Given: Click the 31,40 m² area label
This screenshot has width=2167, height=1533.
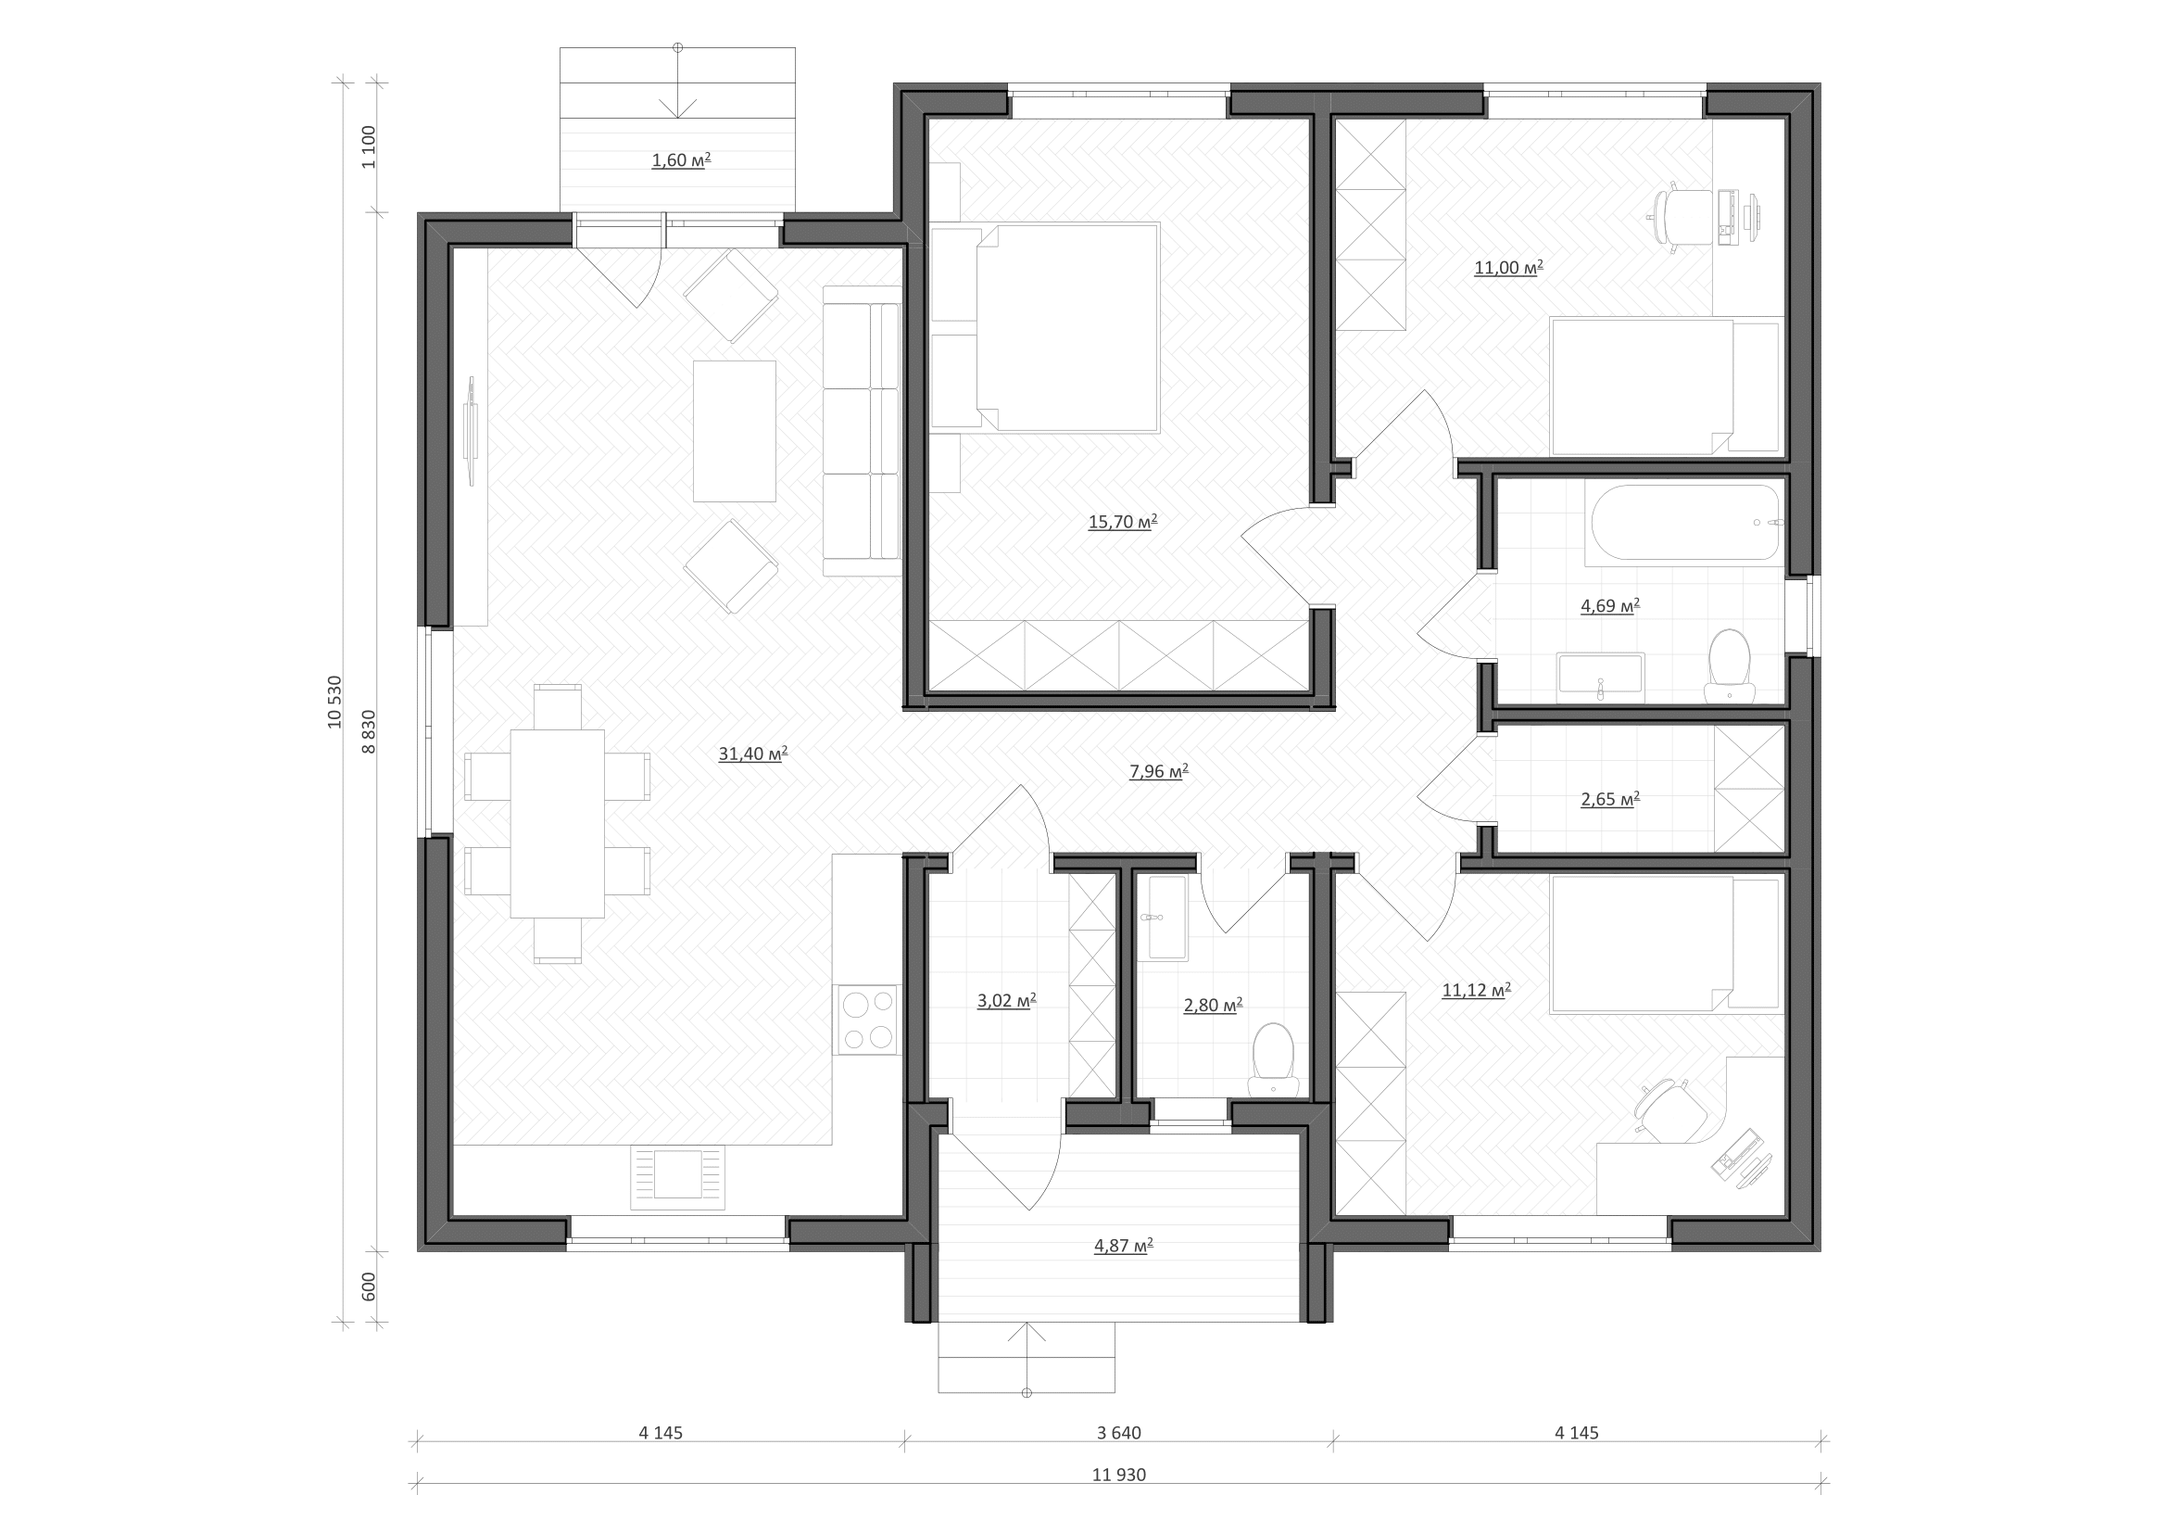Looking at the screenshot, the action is pos(753,754).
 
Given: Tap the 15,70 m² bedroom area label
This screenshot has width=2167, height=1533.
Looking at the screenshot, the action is pos(1123,521).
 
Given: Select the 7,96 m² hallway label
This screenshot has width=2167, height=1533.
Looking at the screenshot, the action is pos(1159,771).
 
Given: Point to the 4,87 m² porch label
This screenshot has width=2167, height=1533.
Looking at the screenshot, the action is pos(1124,1245).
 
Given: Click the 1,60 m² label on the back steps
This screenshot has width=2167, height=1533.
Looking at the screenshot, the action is pos(682,159).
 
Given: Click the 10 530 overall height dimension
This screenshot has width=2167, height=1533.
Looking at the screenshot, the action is pos(335,702).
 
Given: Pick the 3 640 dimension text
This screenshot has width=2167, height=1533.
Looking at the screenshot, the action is pos(1119,1433).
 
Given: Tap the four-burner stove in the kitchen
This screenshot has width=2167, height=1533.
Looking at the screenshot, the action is pos(867,1020).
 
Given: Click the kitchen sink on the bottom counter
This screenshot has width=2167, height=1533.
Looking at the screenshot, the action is pos(677,1177).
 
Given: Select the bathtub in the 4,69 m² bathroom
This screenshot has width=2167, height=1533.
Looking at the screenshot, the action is pos(1685,524).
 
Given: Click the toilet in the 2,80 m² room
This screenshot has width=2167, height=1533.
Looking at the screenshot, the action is pos(1273,1062).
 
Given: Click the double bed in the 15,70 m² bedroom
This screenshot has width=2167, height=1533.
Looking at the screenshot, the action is pos(1045,327).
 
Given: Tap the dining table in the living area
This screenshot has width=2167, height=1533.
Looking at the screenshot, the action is pos(558,823).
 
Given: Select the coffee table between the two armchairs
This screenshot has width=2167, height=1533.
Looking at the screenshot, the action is pos(735,430).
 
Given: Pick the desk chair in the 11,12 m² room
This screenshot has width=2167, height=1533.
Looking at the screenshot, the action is pos(1672,1112).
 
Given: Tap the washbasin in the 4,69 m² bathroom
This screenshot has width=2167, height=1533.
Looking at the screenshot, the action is pos(1601,677).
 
